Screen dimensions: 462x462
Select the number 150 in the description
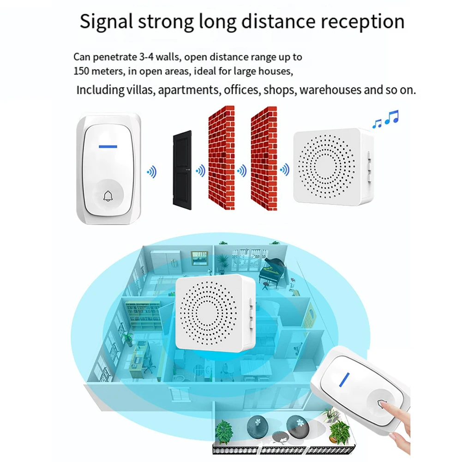(x=82, y=72)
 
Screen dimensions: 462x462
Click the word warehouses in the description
(x=330, y=90)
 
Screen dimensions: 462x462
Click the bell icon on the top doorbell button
(x=108, y=198)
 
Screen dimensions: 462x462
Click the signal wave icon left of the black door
(x=151, y=173)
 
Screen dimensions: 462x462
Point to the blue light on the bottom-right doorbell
(x=343, y=379)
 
